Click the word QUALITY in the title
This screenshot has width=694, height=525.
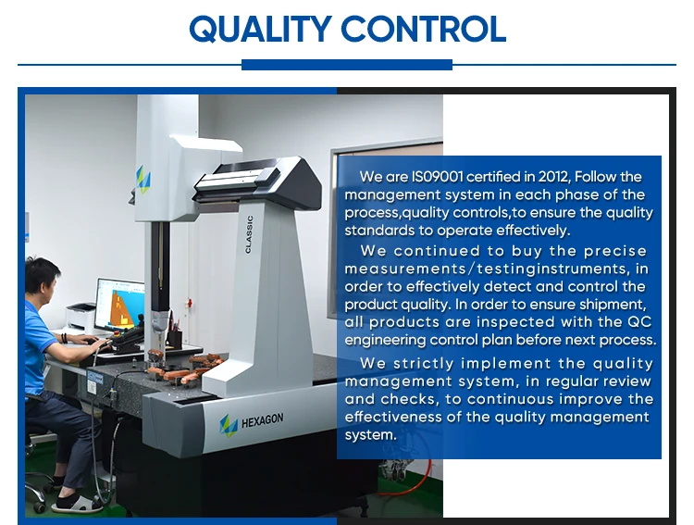pyautogui.click(x=261, y=30)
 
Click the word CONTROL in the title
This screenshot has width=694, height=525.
pyautogui.click(x=424, y=30)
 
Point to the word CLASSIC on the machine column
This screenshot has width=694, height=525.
pyautogui.click(x=249, y=234)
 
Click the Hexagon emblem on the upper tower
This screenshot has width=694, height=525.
pyautogui.click(x=143, y=180)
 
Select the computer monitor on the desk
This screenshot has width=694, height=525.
pyautogui.click(x=120, y=305)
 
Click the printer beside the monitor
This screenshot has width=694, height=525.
pyautogui.click(x=81, y=317)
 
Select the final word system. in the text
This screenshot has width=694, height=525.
pyautogui.click(x=370, y=434)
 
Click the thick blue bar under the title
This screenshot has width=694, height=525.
pyautogui.click(x=347, y=65)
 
